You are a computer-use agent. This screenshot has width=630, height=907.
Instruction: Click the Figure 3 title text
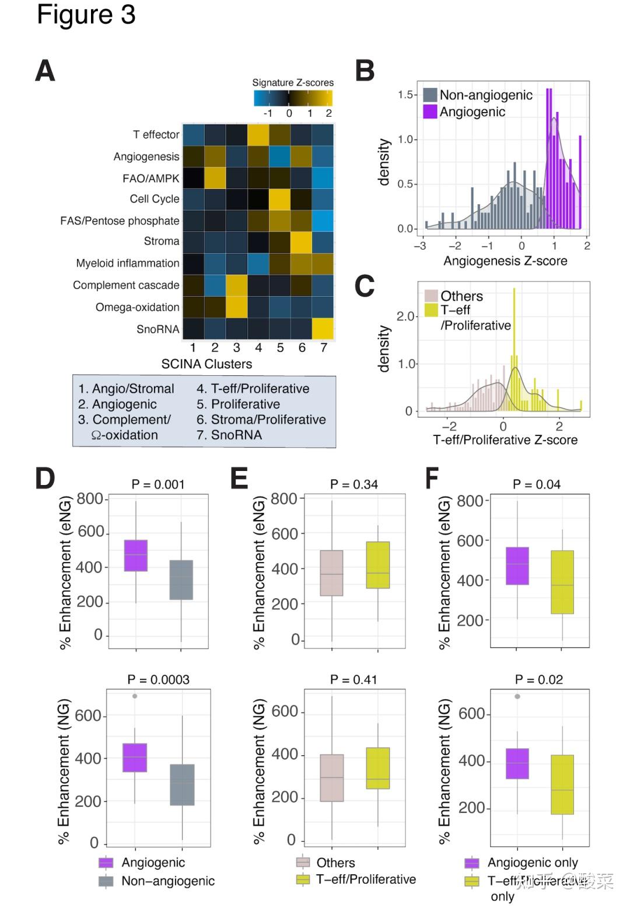point(86,15)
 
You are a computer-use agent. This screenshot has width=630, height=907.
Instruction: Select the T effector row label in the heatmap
point(156,135)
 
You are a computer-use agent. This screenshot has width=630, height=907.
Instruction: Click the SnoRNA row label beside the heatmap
point(157,329)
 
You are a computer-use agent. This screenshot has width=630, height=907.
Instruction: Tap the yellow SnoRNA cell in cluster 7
point(323,329)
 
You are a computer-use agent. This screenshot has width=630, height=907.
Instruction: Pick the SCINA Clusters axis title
point(206,364)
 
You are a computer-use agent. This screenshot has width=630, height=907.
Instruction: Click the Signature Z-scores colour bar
point(293,98)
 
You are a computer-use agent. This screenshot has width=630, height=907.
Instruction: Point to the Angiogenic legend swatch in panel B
point(430,111)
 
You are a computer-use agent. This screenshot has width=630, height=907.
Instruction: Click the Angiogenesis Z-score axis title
point(505,261)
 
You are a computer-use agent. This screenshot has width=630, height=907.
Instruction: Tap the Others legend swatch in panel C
point(431,296)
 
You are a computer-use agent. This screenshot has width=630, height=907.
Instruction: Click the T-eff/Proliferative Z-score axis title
point(505,440)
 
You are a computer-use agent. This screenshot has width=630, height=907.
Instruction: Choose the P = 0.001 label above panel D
point(157,484)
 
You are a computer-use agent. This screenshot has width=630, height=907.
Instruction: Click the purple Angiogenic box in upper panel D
point(136,556)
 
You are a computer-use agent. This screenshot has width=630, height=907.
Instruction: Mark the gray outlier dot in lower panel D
point(135,696)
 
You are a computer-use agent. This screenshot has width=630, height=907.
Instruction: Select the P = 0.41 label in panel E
point(353,680)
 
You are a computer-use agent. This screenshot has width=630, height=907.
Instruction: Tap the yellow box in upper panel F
point(562,582)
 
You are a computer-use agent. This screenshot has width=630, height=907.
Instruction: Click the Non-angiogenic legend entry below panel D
point(167,881)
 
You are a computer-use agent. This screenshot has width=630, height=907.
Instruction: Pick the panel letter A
point(45,71)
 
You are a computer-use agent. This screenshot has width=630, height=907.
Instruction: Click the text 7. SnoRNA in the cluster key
point(229,435)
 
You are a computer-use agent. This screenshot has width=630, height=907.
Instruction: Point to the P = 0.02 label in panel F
point(539,680)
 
